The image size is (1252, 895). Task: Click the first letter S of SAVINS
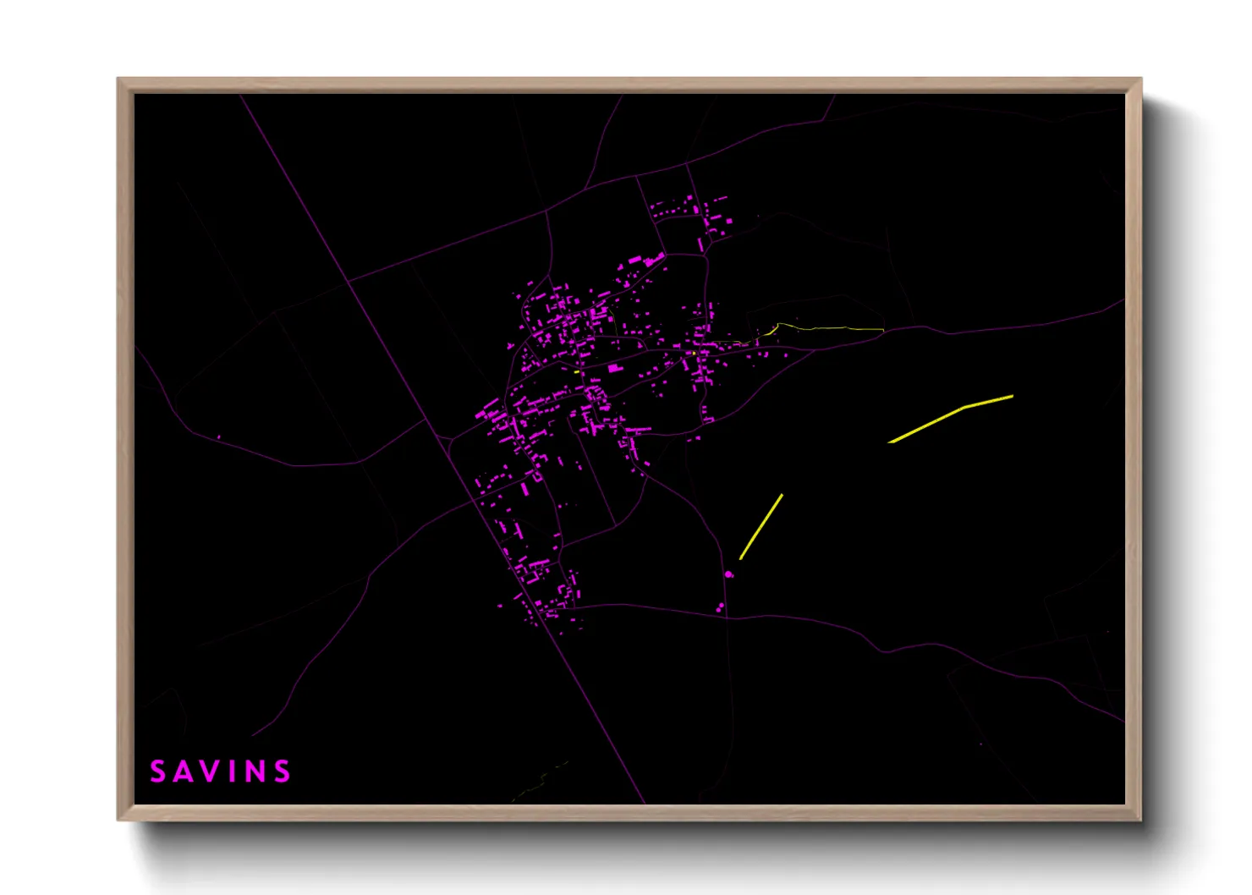[x=157, y=771]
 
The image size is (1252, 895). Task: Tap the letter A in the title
[x=184, y=771]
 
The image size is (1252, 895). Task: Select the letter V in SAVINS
[x=213, y=771]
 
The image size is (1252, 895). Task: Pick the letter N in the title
[x=255, y=771]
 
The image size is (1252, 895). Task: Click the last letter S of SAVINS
[x=283, y=771]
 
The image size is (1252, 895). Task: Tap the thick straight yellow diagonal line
[x=761, y=526]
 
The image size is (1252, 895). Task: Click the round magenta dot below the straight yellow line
[x=729, y=574]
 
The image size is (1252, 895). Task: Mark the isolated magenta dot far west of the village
[x=218, y=437]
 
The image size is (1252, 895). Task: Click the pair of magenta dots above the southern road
[x=720, y=607]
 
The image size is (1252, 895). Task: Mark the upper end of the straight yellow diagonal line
[x=782, y=495]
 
